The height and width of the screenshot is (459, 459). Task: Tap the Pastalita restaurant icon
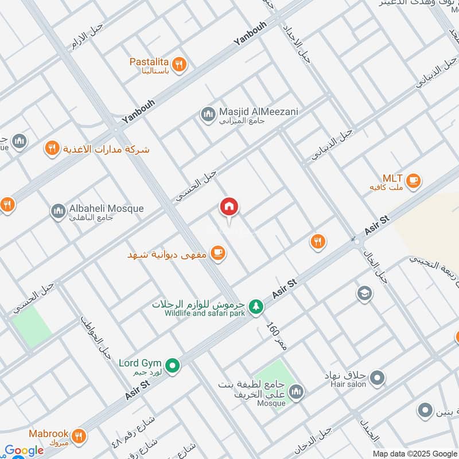click(x=179, y=65)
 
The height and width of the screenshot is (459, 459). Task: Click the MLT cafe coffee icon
click(x=413, y=182)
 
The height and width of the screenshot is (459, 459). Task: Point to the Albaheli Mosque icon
click(x=58, y=212)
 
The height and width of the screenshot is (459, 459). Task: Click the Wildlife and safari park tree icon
click(x=255, y=308)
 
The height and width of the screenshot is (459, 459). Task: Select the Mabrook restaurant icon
click(x=79, y=437)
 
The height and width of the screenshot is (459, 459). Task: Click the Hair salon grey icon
click(x=377, y=378)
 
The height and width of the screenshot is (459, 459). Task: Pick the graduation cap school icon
click(x=364, y=294)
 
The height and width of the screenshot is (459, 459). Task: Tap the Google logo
click(x=24, y=450)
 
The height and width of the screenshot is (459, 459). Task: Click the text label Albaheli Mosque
click(x=106, y=208)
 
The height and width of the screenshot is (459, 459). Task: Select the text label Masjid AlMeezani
click(x=259, y=112)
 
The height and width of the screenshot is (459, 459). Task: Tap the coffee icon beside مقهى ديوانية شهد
click(x=217, y=252)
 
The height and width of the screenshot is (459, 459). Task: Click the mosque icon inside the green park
click(x=296, y=392)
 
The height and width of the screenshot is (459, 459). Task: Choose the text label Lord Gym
click(x=140, y=363)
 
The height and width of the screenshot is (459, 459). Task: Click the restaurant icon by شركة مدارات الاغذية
click(x=52, y=149)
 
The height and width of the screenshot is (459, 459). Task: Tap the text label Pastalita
click(x=149, y=61)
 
